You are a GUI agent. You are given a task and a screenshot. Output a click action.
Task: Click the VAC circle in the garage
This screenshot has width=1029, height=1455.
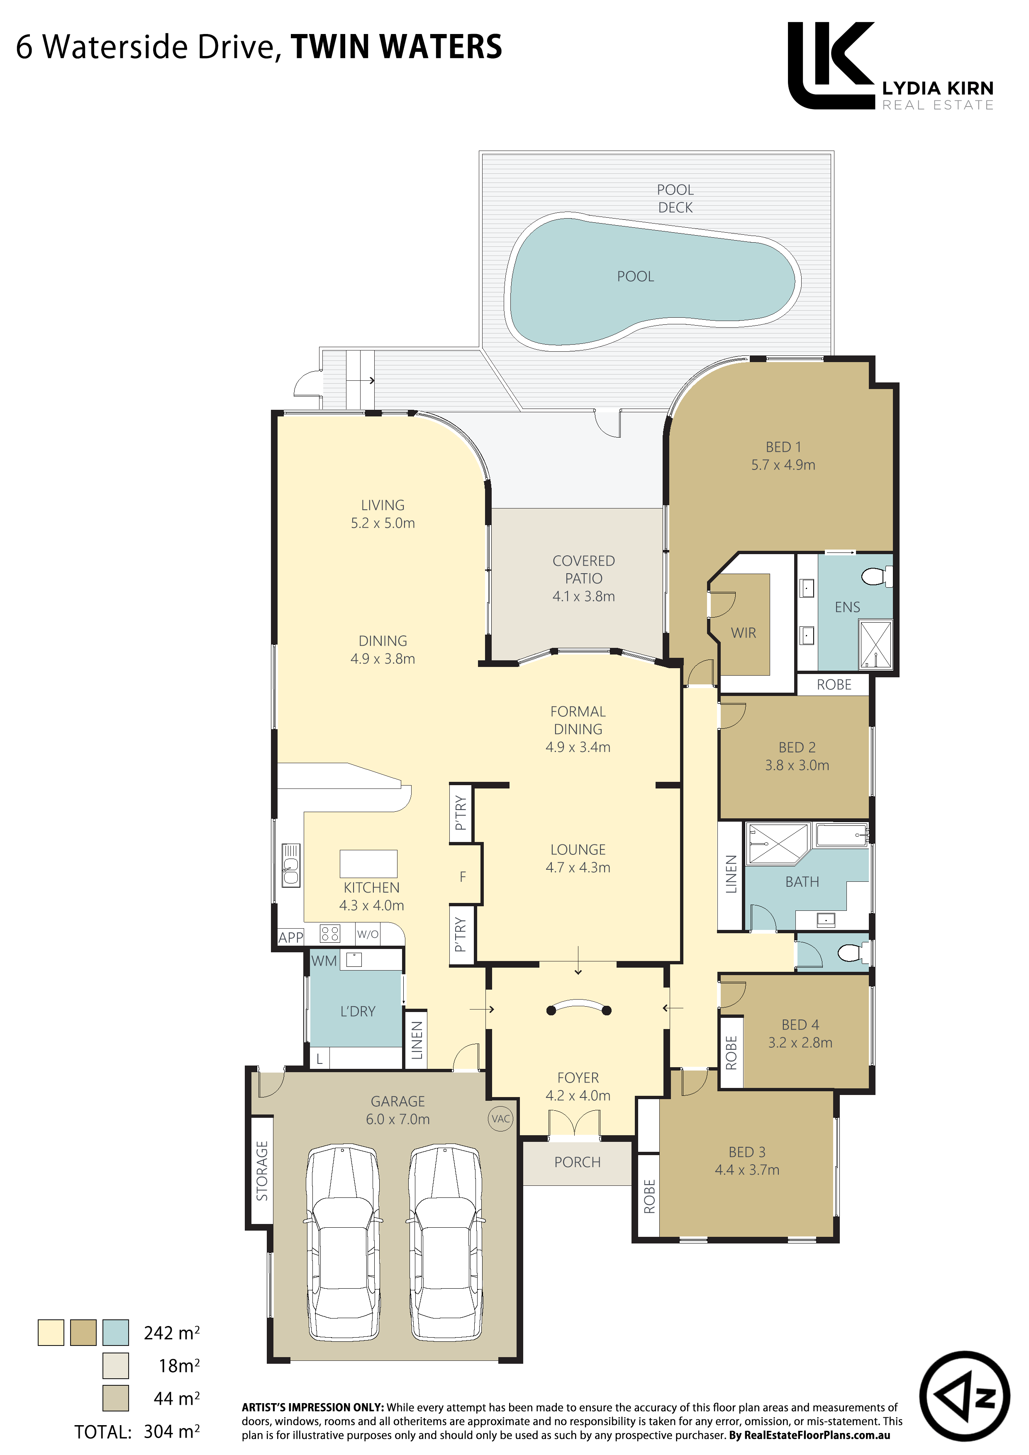[x=501, y=1119]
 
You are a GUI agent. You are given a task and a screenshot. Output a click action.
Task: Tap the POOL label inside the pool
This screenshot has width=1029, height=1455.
[x=635, y=276]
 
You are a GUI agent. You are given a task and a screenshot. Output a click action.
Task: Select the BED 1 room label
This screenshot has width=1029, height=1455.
[x=783, y=447]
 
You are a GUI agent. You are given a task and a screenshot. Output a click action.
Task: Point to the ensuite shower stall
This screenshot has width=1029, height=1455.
[x=875, y=644]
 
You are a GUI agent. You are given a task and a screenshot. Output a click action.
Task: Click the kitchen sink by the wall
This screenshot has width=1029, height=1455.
[x=291, y=866]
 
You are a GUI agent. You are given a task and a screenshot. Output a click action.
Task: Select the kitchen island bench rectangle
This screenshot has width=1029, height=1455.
[x=368, y=864]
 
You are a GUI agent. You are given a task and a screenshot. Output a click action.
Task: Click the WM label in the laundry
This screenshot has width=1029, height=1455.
[x=324, y=961]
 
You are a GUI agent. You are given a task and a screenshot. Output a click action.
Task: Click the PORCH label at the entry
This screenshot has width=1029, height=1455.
[x=577, y=1162]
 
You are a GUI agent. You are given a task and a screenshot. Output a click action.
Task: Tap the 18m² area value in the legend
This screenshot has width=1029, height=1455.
[x=179, y=1366]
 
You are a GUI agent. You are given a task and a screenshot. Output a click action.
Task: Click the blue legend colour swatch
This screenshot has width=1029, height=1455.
[x=115, y=1333]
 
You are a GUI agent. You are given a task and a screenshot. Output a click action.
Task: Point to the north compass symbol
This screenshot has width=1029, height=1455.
[x=964, y=1396]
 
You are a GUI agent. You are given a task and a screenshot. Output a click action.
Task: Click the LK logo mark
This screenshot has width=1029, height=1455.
[x=831, y=65]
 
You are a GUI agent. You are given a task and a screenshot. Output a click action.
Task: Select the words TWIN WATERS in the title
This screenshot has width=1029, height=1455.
[x=396, y=47]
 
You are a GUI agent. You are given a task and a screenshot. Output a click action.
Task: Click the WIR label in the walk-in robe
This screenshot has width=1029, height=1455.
[x=743, y=633]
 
